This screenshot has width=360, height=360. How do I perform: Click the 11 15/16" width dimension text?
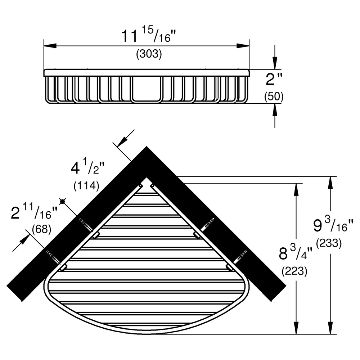(x=148, y=35)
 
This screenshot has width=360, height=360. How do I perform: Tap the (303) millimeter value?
(x=149, y=54)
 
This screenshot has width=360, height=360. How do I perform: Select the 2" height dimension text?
(x=274, y=79)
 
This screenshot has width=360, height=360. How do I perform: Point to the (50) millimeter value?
(x=274, y=96)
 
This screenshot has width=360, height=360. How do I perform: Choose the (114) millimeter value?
(x=86, y=185)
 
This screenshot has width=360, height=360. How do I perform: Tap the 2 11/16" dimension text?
(x=34, y=211)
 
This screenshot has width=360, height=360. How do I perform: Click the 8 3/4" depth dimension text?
(x=296, y=252)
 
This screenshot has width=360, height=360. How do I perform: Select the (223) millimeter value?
(x=294, y=271)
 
